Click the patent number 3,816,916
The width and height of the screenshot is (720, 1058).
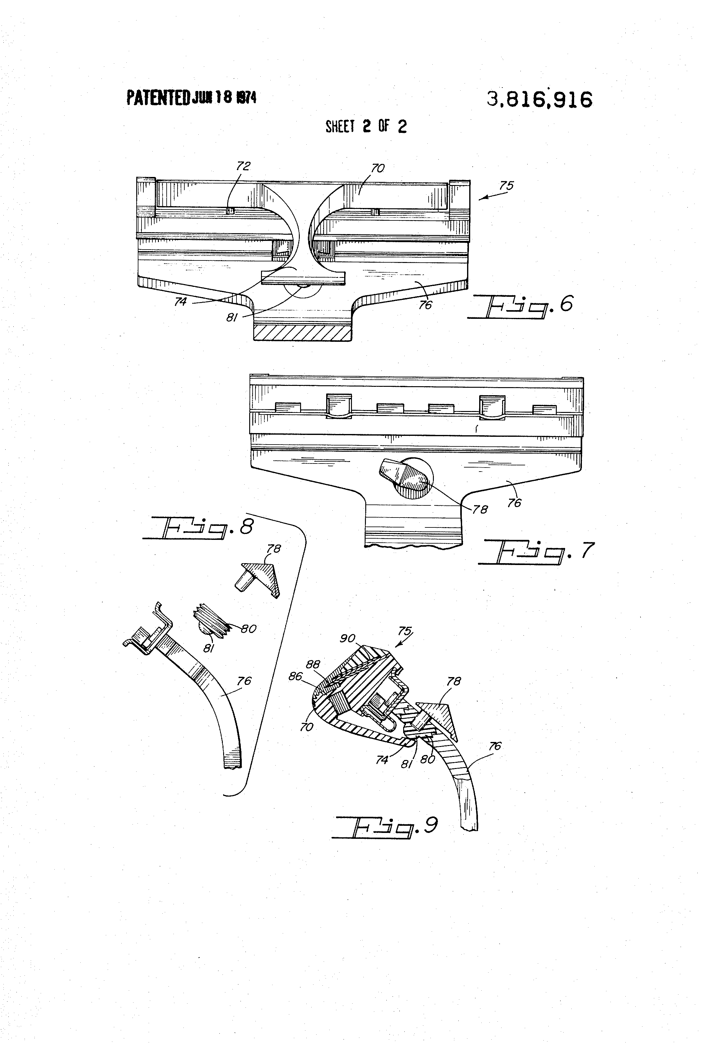(x=539, y=99)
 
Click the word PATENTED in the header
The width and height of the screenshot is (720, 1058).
(x=158, y=97)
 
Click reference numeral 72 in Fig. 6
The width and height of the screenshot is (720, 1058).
(x=244, y=166)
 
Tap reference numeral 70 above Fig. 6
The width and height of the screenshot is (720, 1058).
(x=378, y=169)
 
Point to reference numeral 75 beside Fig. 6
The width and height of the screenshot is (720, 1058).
(x=506, y=186)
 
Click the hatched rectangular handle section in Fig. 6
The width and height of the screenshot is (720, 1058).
(x=302, y=332)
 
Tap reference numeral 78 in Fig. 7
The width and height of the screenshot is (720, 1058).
(x=480, y=509)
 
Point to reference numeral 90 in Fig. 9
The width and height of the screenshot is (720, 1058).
(x=347, y=639)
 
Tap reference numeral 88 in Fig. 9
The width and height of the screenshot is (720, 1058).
(x=313, y=664)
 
